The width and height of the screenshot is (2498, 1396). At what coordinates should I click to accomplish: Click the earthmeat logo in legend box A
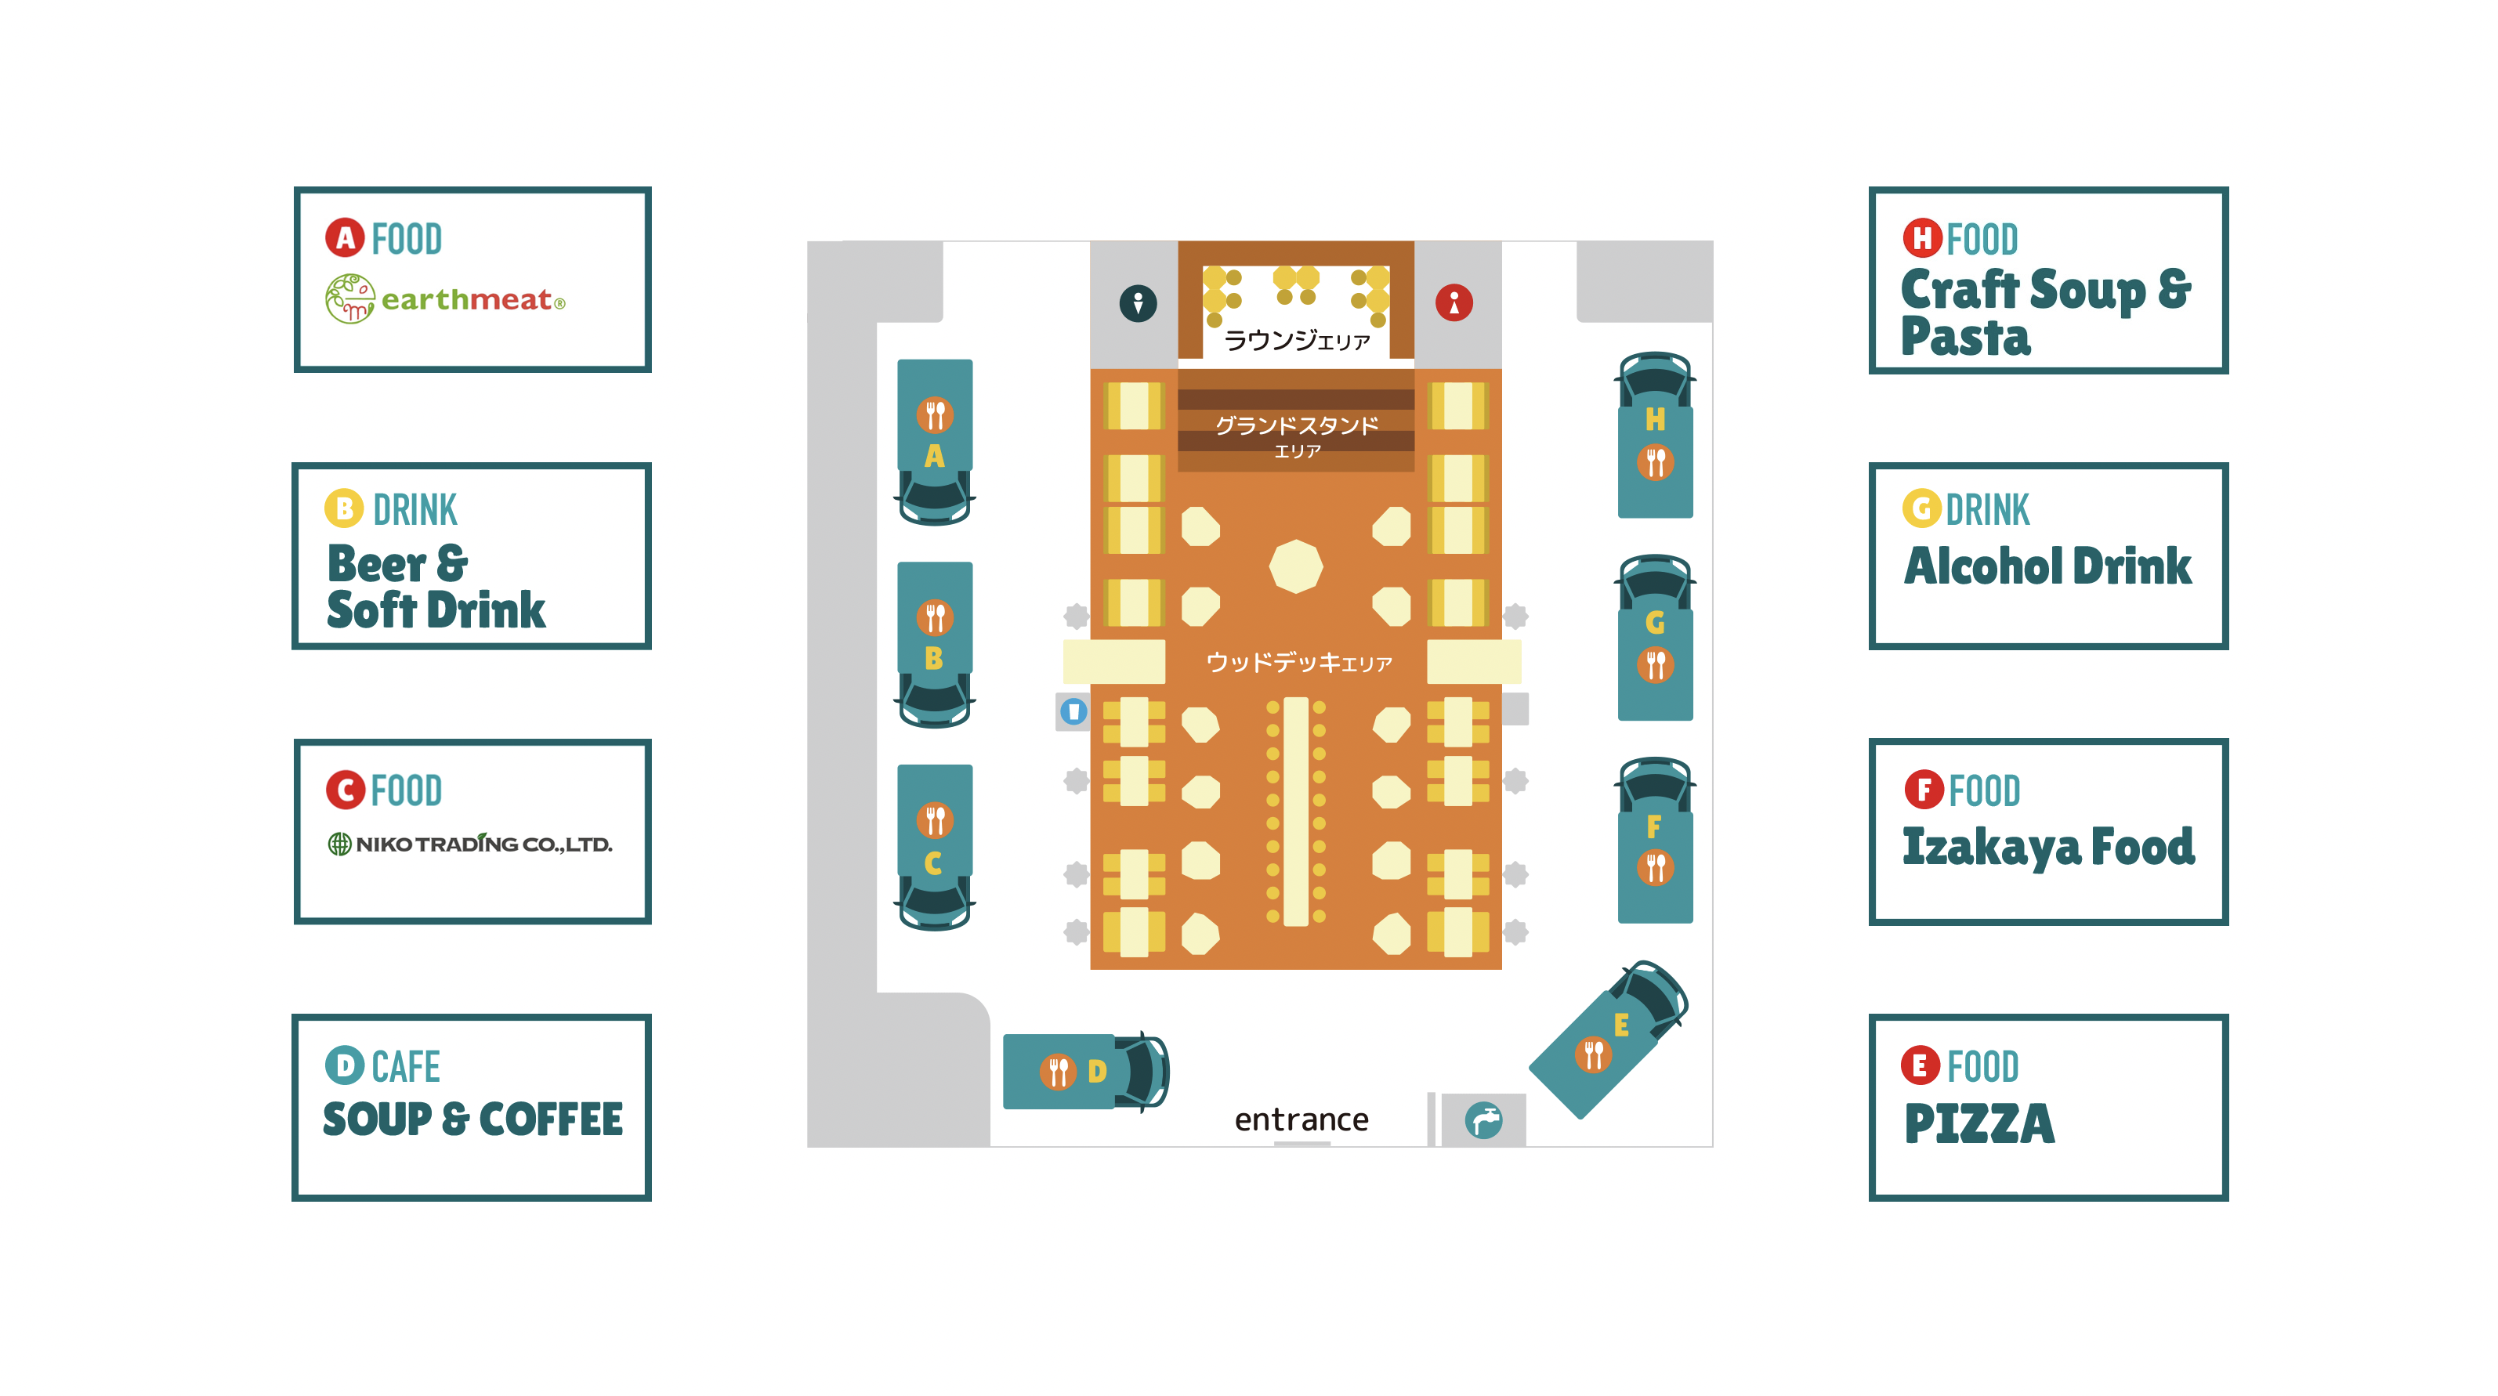(x=445, y=298)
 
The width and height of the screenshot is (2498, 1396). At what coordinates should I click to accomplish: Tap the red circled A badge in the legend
(x=344, y=237)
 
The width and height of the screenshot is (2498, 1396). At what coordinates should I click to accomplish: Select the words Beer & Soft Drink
(x=436, y=587)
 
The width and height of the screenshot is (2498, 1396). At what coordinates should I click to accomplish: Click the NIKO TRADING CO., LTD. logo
(x=470, y=844)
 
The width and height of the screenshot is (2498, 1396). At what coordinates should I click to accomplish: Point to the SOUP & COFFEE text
(x=472, y=1119)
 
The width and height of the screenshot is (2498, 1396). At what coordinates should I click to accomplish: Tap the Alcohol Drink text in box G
(x=2047, y=566)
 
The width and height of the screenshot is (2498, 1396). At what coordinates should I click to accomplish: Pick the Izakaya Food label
(x=2048, y=846)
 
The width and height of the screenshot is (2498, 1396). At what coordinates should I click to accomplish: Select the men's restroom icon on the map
(x=1138, y=302)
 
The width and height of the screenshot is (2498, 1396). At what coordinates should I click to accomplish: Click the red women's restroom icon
(x=1454, y=302)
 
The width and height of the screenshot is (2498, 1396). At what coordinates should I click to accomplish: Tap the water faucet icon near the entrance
(x=1483, y=1121)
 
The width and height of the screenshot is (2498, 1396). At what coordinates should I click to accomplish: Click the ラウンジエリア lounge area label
(x=1297, y=340)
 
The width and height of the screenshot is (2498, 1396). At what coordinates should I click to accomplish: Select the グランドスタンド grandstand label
(x=1297, y=426)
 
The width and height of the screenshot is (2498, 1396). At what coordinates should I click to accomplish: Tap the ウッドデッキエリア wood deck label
(x=1298, y=663)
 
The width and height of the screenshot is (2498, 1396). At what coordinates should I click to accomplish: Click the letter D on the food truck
(x=1097, y=1071)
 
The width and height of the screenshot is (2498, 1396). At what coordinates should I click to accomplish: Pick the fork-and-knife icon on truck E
(x=1592, y=1054)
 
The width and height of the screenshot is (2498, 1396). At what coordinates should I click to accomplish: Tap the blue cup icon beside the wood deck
(x=1073, y=711)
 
